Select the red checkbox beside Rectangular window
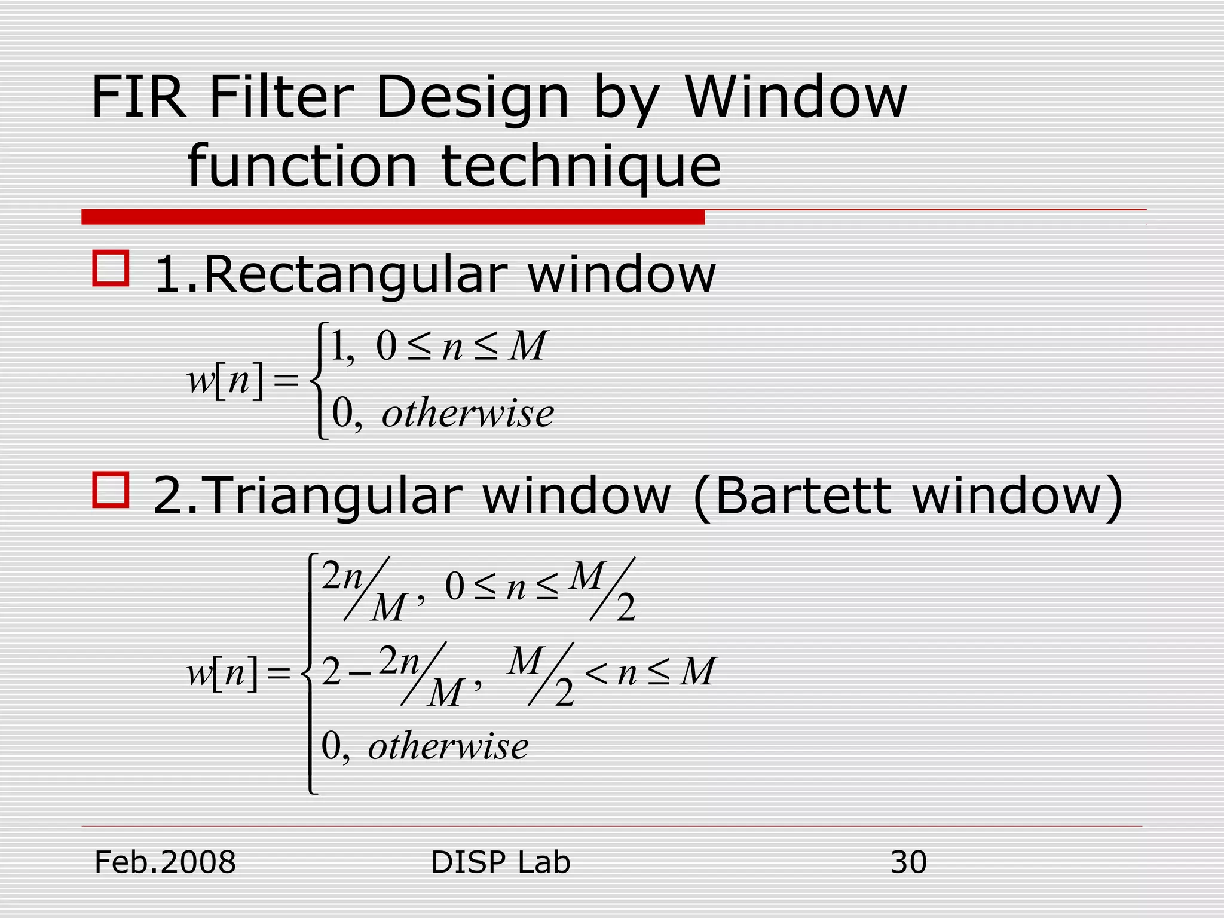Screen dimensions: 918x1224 [111, 268]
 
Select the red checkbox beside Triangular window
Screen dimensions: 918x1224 [111, 489]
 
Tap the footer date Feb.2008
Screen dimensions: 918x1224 [165, 862]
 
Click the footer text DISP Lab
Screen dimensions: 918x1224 [500, 862]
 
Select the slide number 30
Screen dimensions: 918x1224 [908, 862]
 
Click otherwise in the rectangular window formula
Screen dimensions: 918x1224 [468, 413]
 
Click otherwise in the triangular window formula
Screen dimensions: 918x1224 [448, 746]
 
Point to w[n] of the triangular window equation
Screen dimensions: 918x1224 [222, 673]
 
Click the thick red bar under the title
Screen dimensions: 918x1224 [393, 216]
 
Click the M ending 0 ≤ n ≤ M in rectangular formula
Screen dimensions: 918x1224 [527, 346]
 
